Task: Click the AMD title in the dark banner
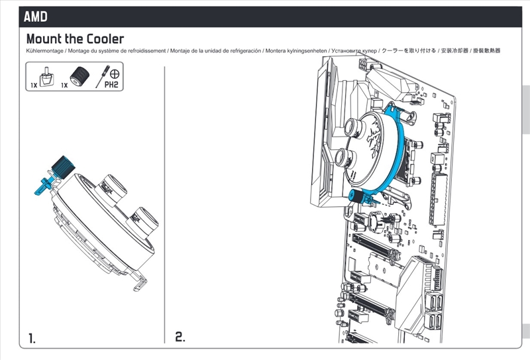point(36,17)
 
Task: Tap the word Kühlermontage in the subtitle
point(44,51)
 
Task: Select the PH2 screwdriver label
point(111,84)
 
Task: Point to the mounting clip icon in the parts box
point(47,77)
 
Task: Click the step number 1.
point(32,338)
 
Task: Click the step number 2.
point(180,337)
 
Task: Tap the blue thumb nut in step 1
point(63,167)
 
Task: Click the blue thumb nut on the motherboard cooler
point(356,196)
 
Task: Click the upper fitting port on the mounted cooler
point(354,127)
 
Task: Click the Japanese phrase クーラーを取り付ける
point(409,51)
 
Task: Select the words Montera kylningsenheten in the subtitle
point(296,51)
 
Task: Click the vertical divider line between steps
point(164,205)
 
